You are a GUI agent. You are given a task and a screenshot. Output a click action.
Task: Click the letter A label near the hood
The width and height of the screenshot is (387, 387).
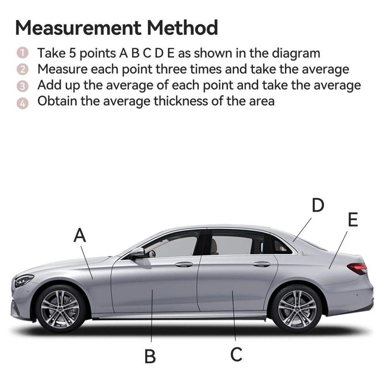coord(80,235)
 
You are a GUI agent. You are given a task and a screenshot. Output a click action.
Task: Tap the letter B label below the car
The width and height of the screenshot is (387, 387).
coord(150,356)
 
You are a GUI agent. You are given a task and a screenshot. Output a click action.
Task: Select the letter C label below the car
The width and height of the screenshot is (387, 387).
coord(236,354)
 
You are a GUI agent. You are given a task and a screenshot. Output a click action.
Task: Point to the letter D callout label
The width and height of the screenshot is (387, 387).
coord(318,205)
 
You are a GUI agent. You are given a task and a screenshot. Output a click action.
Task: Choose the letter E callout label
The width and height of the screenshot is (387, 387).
coord(353,219)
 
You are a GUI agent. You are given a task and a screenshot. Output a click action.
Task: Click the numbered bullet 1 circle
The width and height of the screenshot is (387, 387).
coord(22,53)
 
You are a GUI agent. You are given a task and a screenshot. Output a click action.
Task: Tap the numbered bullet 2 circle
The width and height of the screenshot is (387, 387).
coord(22,69)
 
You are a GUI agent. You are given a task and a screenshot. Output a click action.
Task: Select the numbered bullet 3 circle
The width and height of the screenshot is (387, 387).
coord(22,86)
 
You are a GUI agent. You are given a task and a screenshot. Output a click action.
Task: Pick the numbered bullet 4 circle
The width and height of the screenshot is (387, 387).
coord(22,103)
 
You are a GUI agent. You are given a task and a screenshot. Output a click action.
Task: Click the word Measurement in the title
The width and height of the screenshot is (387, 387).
coord(78,27)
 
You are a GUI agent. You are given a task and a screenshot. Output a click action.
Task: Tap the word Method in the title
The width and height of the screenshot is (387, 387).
coord(182,27)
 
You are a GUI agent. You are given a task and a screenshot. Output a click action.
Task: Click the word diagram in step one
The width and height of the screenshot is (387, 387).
coord(296,54)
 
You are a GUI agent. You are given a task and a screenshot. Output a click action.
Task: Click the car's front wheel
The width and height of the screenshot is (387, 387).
coord(60,309)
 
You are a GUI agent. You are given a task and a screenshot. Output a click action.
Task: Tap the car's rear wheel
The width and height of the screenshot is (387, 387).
coord(297,308)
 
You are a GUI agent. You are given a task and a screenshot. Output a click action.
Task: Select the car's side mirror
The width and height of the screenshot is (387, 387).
coord(137,253)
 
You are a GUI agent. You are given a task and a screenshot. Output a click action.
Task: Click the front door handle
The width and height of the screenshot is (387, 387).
coord(184,264)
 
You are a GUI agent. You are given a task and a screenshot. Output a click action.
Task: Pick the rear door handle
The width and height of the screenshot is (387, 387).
coord(261,264)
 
